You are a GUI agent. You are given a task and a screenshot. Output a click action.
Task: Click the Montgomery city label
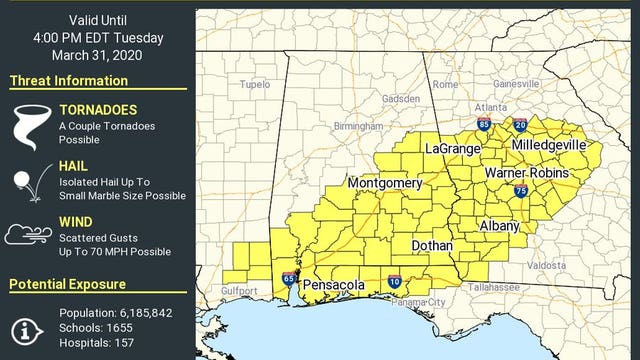tap(385, 184)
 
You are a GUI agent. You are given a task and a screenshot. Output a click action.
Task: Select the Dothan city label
tap(432, 245)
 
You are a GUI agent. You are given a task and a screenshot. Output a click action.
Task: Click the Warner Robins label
tap(526, 174)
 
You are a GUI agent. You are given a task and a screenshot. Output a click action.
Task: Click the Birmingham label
tap(359, 127)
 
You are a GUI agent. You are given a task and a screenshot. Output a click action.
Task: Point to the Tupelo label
tap(255, 85)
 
